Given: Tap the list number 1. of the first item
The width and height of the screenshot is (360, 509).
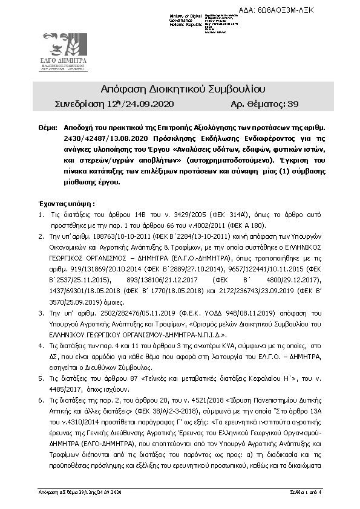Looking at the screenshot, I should pyautogui.click(x=41, y=215).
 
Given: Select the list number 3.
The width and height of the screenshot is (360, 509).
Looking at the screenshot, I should pyautogui.click(x=41, y=314).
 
